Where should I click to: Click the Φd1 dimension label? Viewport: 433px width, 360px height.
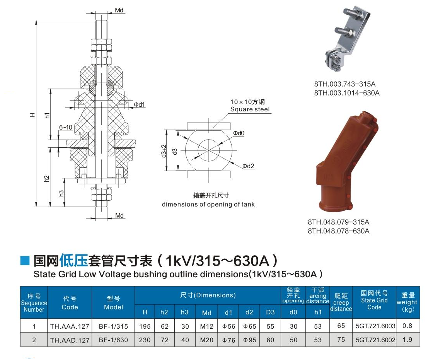pyautogui.click(x=140, y=104)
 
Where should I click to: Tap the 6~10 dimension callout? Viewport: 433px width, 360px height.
pyautogui.click(x=66, y=127)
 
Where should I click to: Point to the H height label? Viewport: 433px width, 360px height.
pyautogui.click(x=32, y=114)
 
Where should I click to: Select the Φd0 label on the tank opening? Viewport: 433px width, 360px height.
pyautogui.click(x=239, y=133)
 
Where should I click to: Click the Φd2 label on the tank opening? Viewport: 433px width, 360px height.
pyautogui.click(x=248, y=166)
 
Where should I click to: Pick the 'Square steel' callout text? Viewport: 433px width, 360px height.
pyautogui.click(x=250, y=109)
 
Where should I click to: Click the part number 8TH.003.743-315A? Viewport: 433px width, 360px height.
pyautogui.click(x=344, y=84)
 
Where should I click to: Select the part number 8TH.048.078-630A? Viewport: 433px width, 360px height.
pyautogui.click(x=339, y=231)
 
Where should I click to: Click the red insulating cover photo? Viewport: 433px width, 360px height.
pyautogui.click(x=347, y=162)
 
